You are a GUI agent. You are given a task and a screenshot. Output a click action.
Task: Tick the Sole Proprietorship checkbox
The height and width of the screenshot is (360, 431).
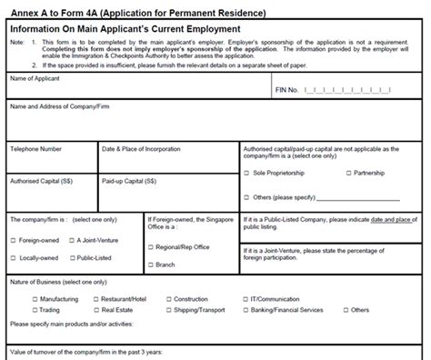247,173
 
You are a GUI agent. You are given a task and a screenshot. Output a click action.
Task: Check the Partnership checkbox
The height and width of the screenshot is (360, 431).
348,173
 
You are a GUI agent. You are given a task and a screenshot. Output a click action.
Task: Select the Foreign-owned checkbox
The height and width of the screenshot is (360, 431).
13,240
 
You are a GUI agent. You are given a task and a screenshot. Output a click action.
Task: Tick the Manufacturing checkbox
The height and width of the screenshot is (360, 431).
35,298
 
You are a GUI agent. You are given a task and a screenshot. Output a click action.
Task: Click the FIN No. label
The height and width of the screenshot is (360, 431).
286,89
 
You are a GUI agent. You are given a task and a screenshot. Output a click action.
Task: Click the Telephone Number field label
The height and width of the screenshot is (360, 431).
36,147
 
